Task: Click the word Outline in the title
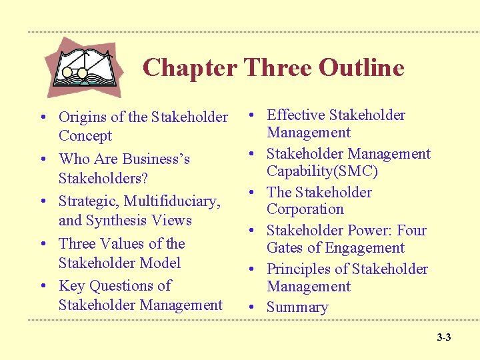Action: pos(361,67)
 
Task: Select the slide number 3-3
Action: pos(444,337)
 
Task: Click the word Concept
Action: pos(85,136)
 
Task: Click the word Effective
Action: pos(295,115)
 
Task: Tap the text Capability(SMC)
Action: pos(322,171)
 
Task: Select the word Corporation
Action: pos(305,209)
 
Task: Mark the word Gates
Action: pos(286,248)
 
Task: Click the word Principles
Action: pos(299,269)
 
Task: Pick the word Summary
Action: pos(297,308)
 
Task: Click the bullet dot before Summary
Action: pos(253,308)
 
